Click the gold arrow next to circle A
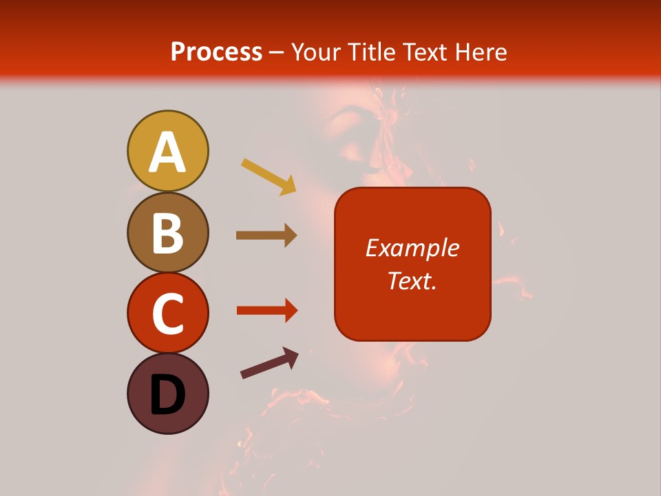tap(269, 176)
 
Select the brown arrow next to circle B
tap(266, 236)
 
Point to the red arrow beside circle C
tap(266, 311)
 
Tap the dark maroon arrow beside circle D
tap(269, 363)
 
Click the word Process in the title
tap(216, 52)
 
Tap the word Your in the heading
tap(315, 52)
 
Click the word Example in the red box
tap(412, 248)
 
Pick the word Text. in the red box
tap(412, 281)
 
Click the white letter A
tap(168, 152)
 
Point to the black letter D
tap(168, 395)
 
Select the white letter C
tap(168, 314)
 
